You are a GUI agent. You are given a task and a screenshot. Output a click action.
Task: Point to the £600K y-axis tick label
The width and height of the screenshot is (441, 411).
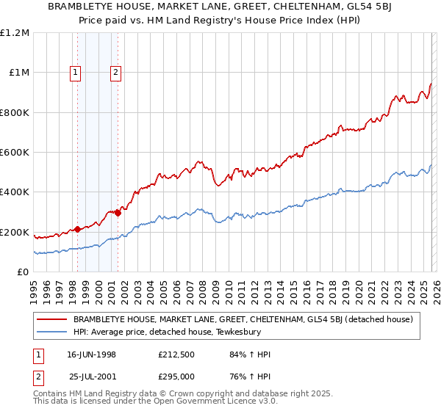15,152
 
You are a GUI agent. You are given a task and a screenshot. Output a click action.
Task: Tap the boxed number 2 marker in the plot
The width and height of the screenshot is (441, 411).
117,72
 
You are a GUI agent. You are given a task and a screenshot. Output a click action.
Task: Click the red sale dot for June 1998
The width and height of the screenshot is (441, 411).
78,230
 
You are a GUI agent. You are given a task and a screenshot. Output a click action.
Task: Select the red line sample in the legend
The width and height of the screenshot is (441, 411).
52,319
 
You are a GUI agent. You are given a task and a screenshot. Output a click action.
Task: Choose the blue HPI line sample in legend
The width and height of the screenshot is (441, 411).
52,332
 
